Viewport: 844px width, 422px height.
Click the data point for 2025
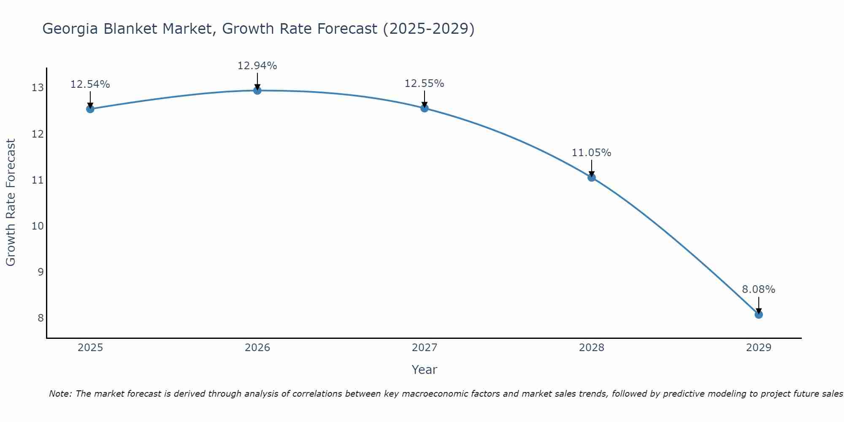click(90, 109)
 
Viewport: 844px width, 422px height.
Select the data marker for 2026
click(257, 90)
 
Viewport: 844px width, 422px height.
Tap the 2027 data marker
click(424, 108)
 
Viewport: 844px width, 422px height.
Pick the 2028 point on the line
click(591, 177)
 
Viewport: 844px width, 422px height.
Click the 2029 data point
click(758, 314)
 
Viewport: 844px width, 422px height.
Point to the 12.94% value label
click(257, 66)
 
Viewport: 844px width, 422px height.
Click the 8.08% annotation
click(758, 289)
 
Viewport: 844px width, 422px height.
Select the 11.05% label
click(591, 153)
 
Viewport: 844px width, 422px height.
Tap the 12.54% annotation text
click(90, 84)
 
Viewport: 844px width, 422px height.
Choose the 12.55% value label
click(424, 84)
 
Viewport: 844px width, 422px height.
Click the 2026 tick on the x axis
click(257, 348)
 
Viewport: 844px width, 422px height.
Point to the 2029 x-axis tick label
click(758, 348)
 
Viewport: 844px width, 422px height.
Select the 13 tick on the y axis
click(38, 88)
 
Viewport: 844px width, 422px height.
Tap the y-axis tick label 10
click(38, 226)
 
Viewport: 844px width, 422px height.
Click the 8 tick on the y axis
click(41, 318)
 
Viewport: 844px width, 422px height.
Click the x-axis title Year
click(424, 370)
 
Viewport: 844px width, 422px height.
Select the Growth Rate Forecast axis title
click(11, 203)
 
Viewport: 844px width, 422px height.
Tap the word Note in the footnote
click(60, 394)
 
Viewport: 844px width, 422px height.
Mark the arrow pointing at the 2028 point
click(591, 168)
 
